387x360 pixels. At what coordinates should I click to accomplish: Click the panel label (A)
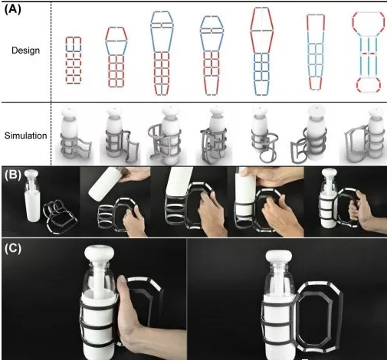pos(13,9)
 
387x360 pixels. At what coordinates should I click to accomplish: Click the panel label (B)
pos(13,175)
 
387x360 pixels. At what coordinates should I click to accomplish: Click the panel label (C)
pos(13,249)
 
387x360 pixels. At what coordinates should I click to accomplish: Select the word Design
pos(25,51)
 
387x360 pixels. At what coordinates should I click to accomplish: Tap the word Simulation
pos(25,136)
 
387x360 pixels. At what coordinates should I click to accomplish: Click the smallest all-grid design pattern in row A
pos(74,61)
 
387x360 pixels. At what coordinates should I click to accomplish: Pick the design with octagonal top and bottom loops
pos(369,52)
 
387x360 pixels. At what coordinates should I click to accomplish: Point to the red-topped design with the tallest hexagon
pos(262,51)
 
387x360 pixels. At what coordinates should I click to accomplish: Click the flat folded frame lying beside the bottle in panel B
pos(60,217)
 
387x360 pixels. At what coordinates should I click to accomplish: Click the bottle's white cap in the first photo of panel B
pos(31,174)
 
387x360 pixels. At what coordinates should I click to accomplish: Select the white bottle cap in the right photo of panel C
pos(279,258)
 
